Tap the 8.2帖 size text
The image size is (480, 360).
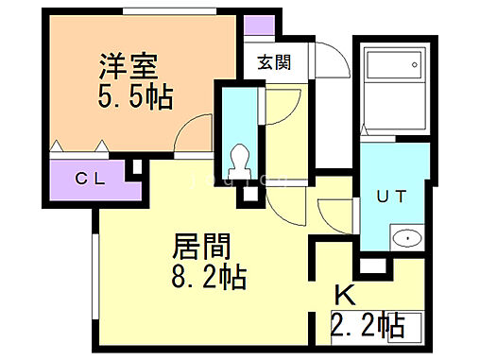[209, 278]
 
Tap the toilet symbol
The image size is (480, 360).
[241, 157]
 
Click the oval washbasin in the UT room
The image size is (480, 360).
[405, 238]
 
